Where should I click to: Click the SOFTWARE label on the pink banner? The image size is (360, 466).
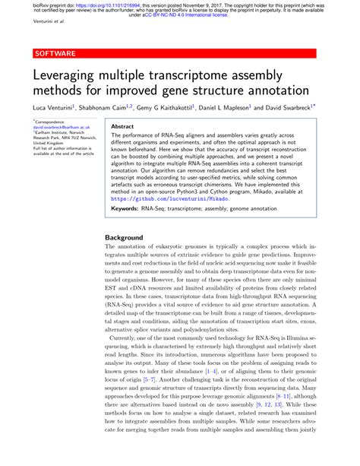pyautogui.click(x=54, y=54)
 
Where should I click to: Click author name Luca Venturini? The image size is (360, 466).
pyautogui.click(x=52, y=109)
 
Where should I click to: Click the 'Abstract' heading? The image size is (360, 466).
pyautogui.click(x=123, y=127)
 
